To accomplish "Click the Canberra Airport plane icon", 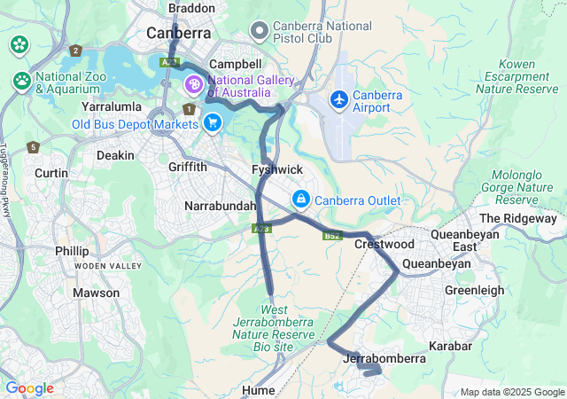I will (x=338, y=99).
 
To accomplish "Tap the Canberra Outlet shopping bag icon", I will (x=301, y=199).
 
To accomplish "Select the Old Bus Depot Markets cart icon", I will (x=212, y=122).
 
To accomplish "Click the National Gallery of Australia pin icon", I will (x=192, y=85).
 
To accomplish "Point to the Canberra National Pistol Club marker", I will (x=260, y=32).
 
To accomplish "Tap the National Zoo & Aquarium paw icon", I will (x=22, y=81).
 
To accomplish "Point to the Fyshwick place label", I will (x=277, y=168).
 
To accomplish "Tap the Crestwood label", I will (x=384, y=244).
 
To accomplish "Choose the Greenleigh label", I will (x=474, y=290).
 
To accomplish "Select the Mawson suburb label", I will (x=96, y=293).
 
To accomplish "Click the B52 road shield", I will (x=332, y=235).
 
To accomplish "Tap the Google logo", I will (x=29, y=388).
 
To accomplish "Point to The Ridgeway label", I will (x=517, y=218).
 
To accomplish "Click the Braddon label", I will (x=191, y=8).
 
